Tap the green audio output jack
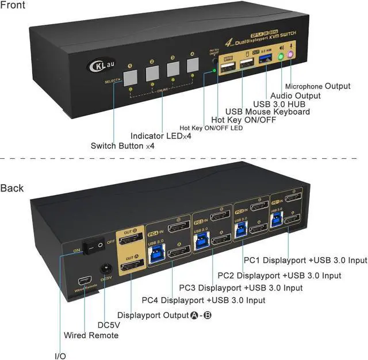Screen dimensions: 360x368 pyautogui.click(x=280, y=57)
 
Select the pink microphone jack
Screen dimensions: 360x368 pyautogui.click(x=291, y=55)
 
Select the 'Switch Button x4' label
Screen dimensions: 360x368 pyautogui.click(x=122, y=146)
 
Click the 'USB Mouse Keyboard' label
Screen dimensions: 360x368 pyautogui.click(x=267, y=112)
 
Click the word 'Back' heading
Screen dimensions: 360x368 pyautogui.click(x=12, y=188)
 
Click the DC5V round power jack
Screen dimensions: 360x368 pyautogui.click(x=105, y=269)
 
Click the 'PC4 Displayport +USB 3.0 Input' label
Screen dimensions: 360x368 pyautogui.click(x=203, y=300)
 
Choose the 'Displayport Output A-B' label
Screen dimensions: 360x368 pyautogui.click(x=164, y=315)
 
